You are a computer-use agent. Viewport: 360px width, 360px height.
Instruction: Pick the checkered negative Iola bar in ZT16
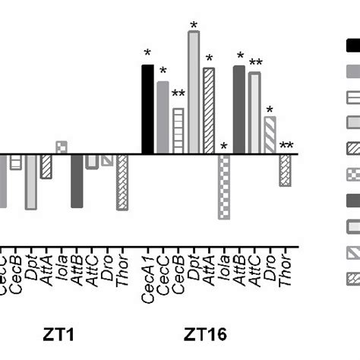point(223,186)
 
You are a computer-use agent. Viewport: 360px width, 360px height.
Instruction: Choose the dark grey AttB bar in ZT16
point(239,109)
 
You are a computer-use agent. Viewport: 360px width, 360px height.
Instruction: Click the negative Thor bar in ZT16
point(285,169)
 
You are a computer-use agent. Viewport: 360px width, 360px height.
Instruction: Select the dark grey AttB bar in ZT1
point(77,180)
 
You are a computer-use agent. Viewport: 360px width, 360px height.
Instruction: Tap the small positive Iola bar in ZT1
point(62,147)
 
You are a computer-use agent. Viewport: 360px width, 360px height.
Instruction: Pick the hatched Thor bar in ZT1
point(122,182)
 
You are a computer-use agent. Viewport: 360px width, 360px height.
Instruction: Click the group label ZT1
point(64,333)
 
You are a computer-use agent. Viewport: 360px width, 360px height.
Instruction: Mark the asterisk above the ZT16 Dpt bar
point(194,26)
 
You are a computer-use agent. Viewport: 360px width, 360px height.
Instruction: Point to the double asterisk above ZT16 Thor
point(286,147)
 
